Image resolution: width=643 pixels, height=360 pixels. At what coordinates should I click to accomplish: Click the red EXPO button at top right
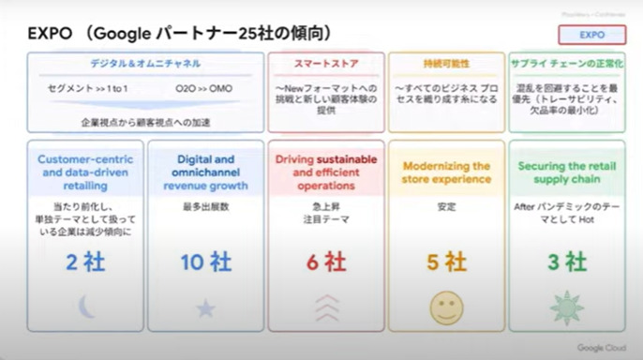(591, 35)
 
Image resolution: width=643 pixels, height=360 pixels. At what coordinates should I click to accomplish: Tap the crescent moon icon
(85, 306)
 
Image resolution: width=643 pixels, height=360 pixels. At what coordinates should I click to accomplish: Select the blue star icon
(205, 307)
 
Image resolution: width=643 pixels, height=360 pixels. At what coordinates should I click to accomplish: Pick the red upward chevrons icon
(325, 306)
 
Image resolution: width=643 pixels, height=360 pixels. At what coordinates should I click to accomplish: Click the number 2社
(85, 262)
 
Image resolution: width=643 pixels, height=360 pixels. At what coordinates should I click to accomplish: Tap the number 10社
(205, 262)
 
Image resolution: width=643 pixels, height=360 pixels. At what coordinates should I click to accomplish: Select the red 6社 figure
(325, 262)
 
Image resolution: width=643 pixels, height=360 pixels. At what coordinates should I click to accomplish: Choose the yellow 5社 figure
(446, 262)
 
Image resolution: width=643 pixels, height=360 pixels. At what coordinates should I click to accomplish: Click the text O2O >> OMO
(204, 88)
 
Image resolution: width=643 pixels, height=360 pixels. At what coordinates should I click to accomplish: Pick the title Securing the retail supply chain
(566, 172)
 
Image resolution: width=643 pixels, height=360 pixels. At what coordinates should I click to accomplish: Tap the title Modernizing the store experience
(446, 172)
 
